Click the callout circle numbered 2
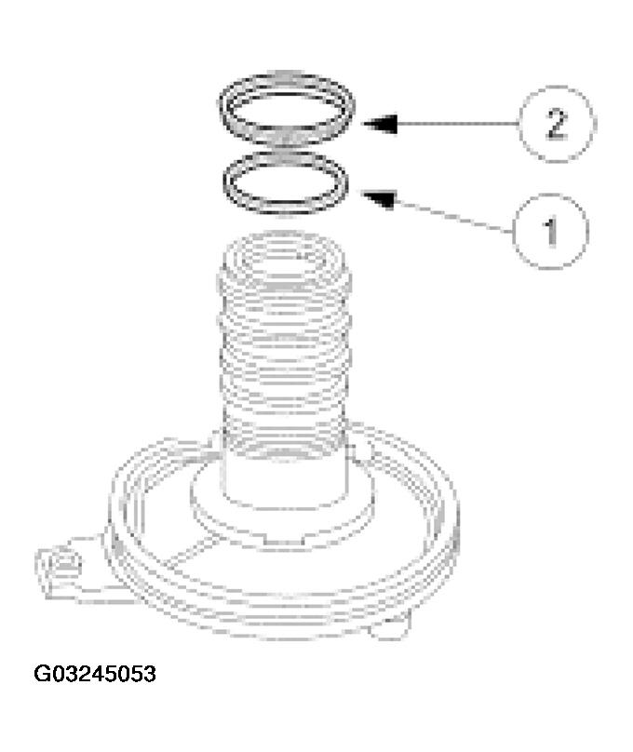(555, 124)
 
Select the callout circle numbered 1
(550, 227)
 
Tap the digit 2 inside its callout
(555, 125)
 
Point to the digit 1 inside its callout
(550, 228)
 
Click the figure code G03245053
(95, 673)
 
